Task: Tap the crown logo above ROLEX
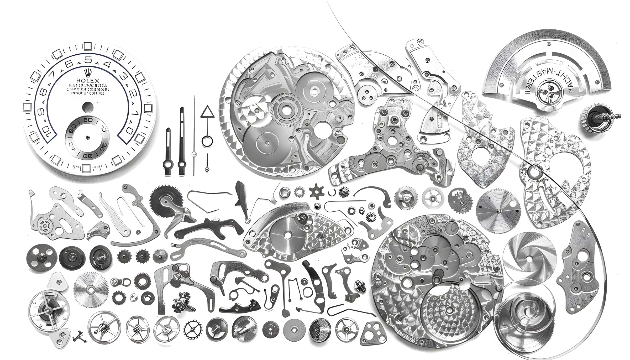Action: (x=88, y=72)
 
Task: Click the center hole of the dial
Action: (x=87, y=107)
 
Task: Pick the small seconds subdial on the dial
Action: (x=87, y=137)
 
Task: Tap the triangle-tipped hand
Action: (x=207, y=123)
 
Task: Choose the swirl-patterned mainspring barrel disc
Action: (x=530, y=259)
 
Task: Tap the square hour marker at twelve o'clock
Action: (x=88, y=46)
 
